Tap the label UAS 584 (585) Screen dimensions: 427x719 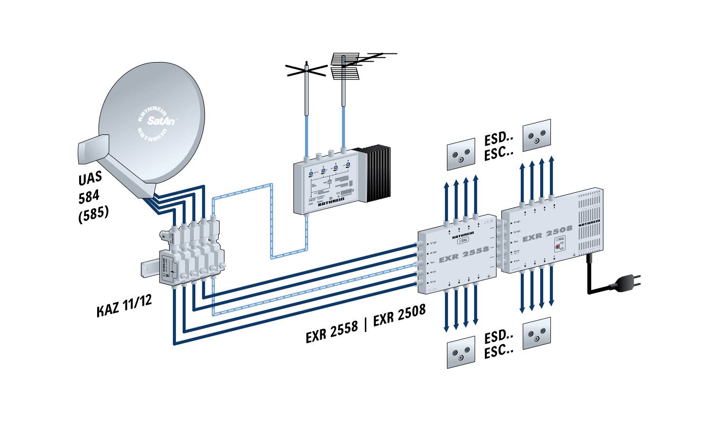coord(93,196)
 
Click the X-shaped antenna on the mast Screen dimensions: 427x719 coord(306,71)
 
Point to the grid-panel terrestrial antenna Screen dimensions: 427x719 coord(344,66)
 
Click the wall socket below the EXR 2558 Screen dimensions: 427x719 coord(461,352)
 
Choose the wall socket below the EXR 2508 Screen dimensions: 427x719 coord(537,333)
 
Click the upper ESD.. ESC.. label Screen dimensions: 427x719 coord(499,146)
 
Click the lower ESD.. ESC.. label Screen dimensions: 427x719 coord(499,344)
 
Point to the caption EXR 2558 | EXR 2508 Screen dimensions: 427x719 coord(365,323)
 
